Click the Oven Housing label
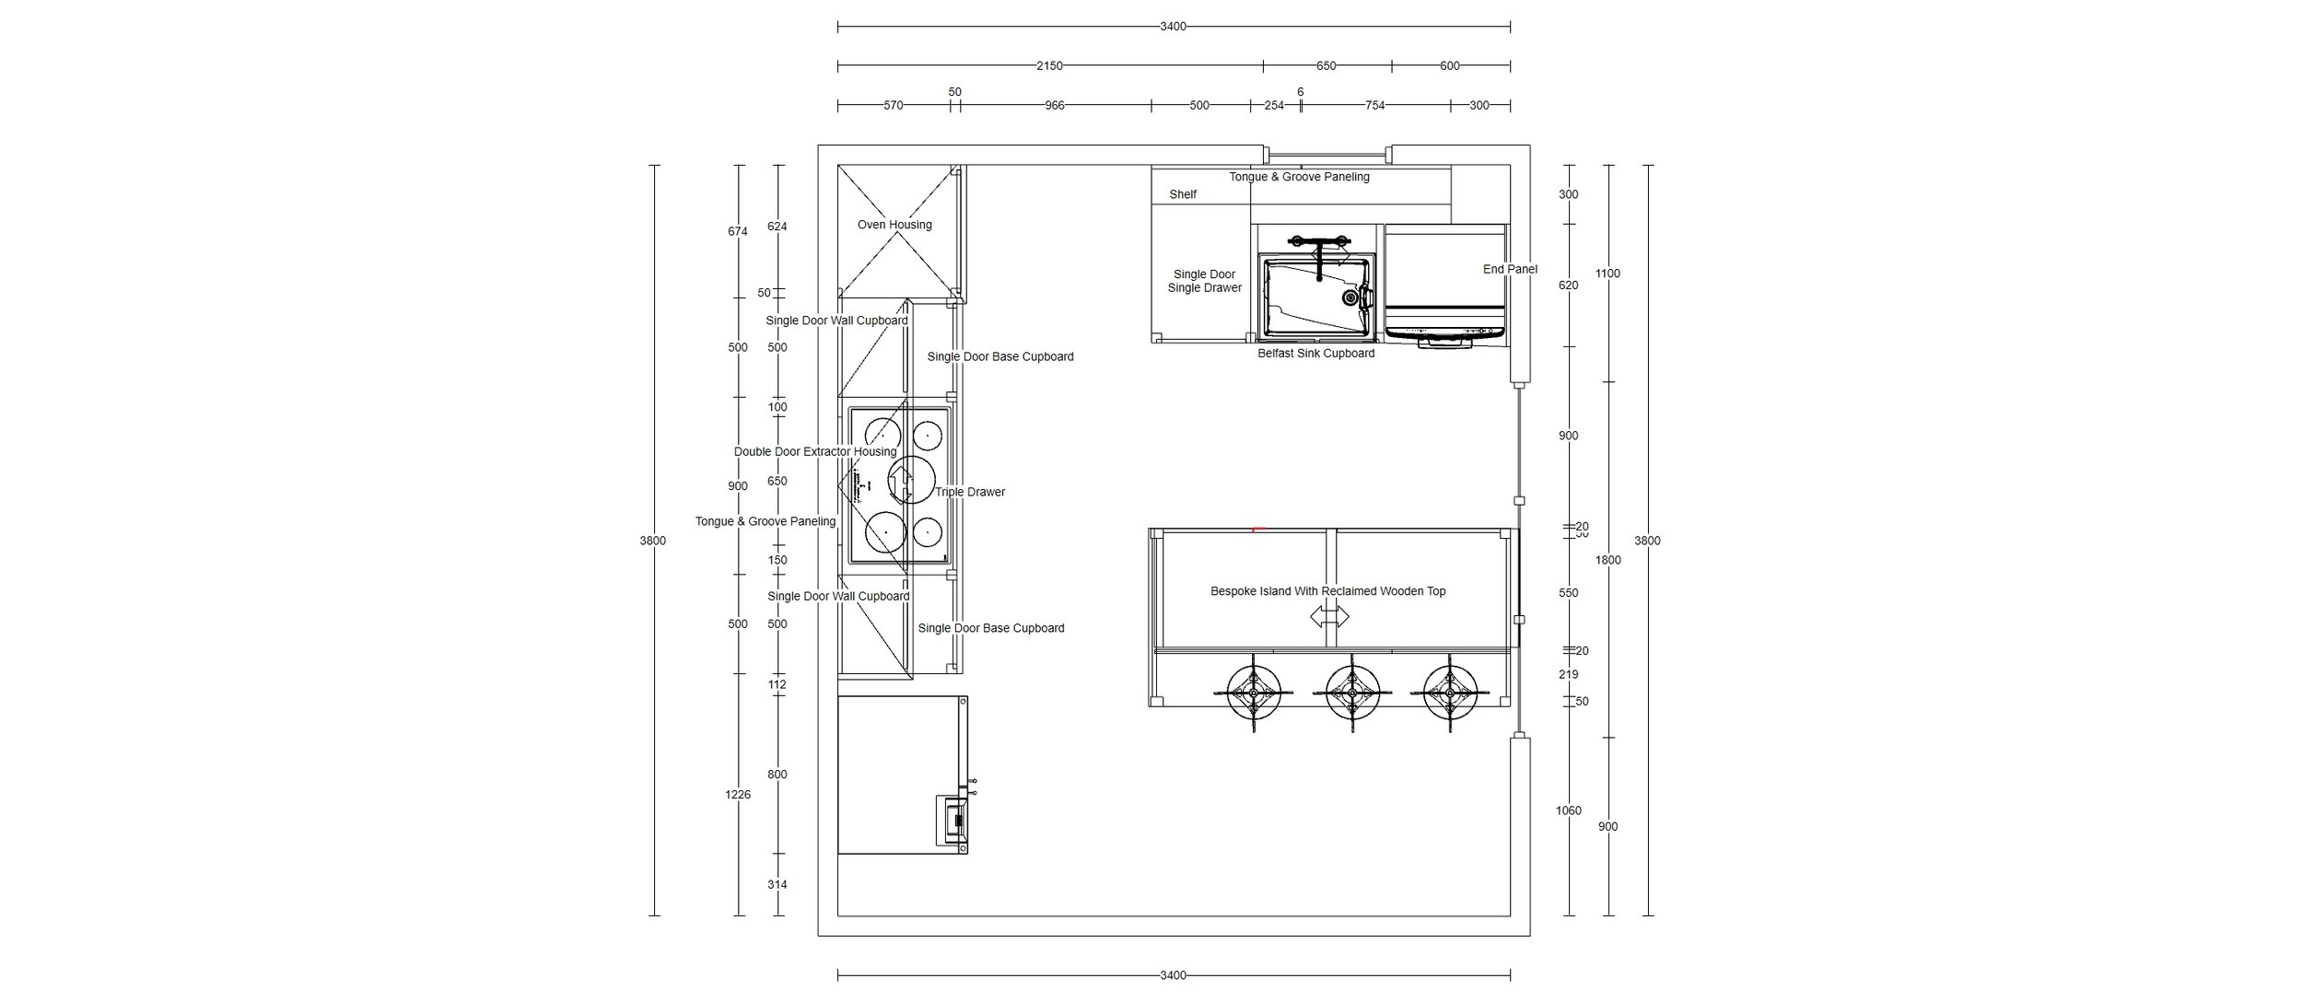pos(894,225)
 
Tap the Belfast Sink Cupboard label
pos(1315,354)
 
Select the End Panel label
pos(1510,270)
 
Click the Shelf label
pos(1183,194)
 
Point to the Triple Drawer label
pos(970,492)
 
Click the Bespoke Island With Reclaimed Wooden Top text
pos(1327,591)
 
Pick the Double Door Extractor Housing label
pos(814,452)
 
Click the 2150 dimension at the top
pos(1049,66)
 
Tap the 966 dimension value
pos(1054,106)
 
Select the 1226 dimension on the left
pos(738,795)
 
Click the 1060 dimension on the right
pos(1568,810)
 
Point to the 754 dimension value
pos(1374,106)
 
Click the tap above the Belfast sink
pos(1322,253)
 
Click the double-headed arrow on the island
pos(1328,617)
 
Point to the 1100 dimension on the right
pos(1607,274)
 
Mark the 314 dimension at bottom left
pos(777,885)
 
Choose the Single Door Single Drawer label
pos(1204,281)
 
